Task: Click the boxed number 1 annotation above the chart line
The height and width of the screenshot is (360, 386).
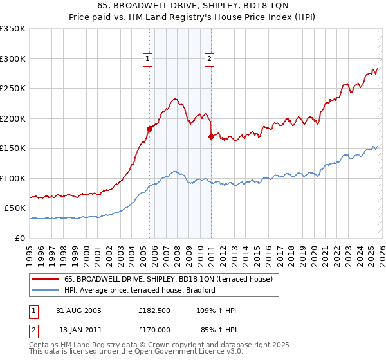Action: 149,59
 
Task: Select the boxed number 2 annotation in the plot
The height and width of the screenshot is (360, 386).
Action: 210,59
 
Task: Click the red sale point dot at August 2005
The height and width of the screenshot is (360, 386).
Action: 150,129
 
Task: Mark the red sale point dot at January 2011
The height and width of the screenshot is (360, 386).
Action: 211,136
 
